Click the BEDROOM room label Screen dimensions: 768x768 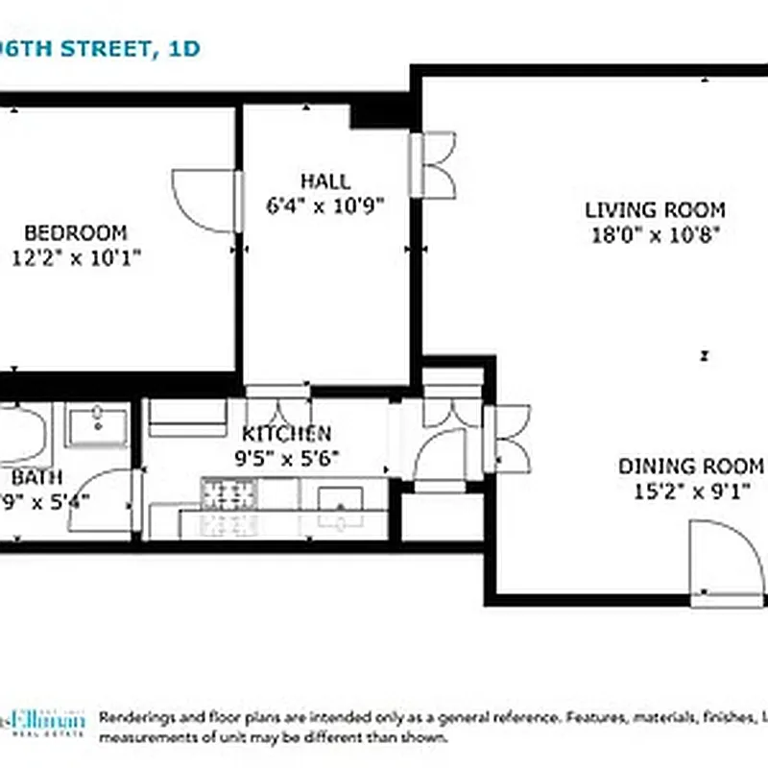pyautogui.click(x=75, y=232)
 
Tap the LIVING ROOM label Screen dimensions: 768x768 pyautogui.click(x=655, y=210)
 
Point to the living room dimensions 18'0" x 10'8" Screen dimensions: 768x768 pyautogui.click(x=655, y=234)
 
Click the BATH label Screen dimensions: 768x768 pyautogui.click(x=36, y=477)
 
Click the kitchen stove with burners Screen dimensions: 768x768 pyautogui.click(x=228, y=494)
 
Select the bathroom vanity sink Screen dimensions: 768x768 pyautogui.click(x=96, y=424)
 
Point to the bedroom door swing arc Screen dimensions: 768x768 pyautogui.click(x=200, y=200)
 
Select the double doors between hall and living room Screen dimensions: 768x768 pyautogui.click(x=432, y=165)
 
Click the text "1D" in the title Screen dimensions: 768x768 pyautogui.click(x=183, y=48)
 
